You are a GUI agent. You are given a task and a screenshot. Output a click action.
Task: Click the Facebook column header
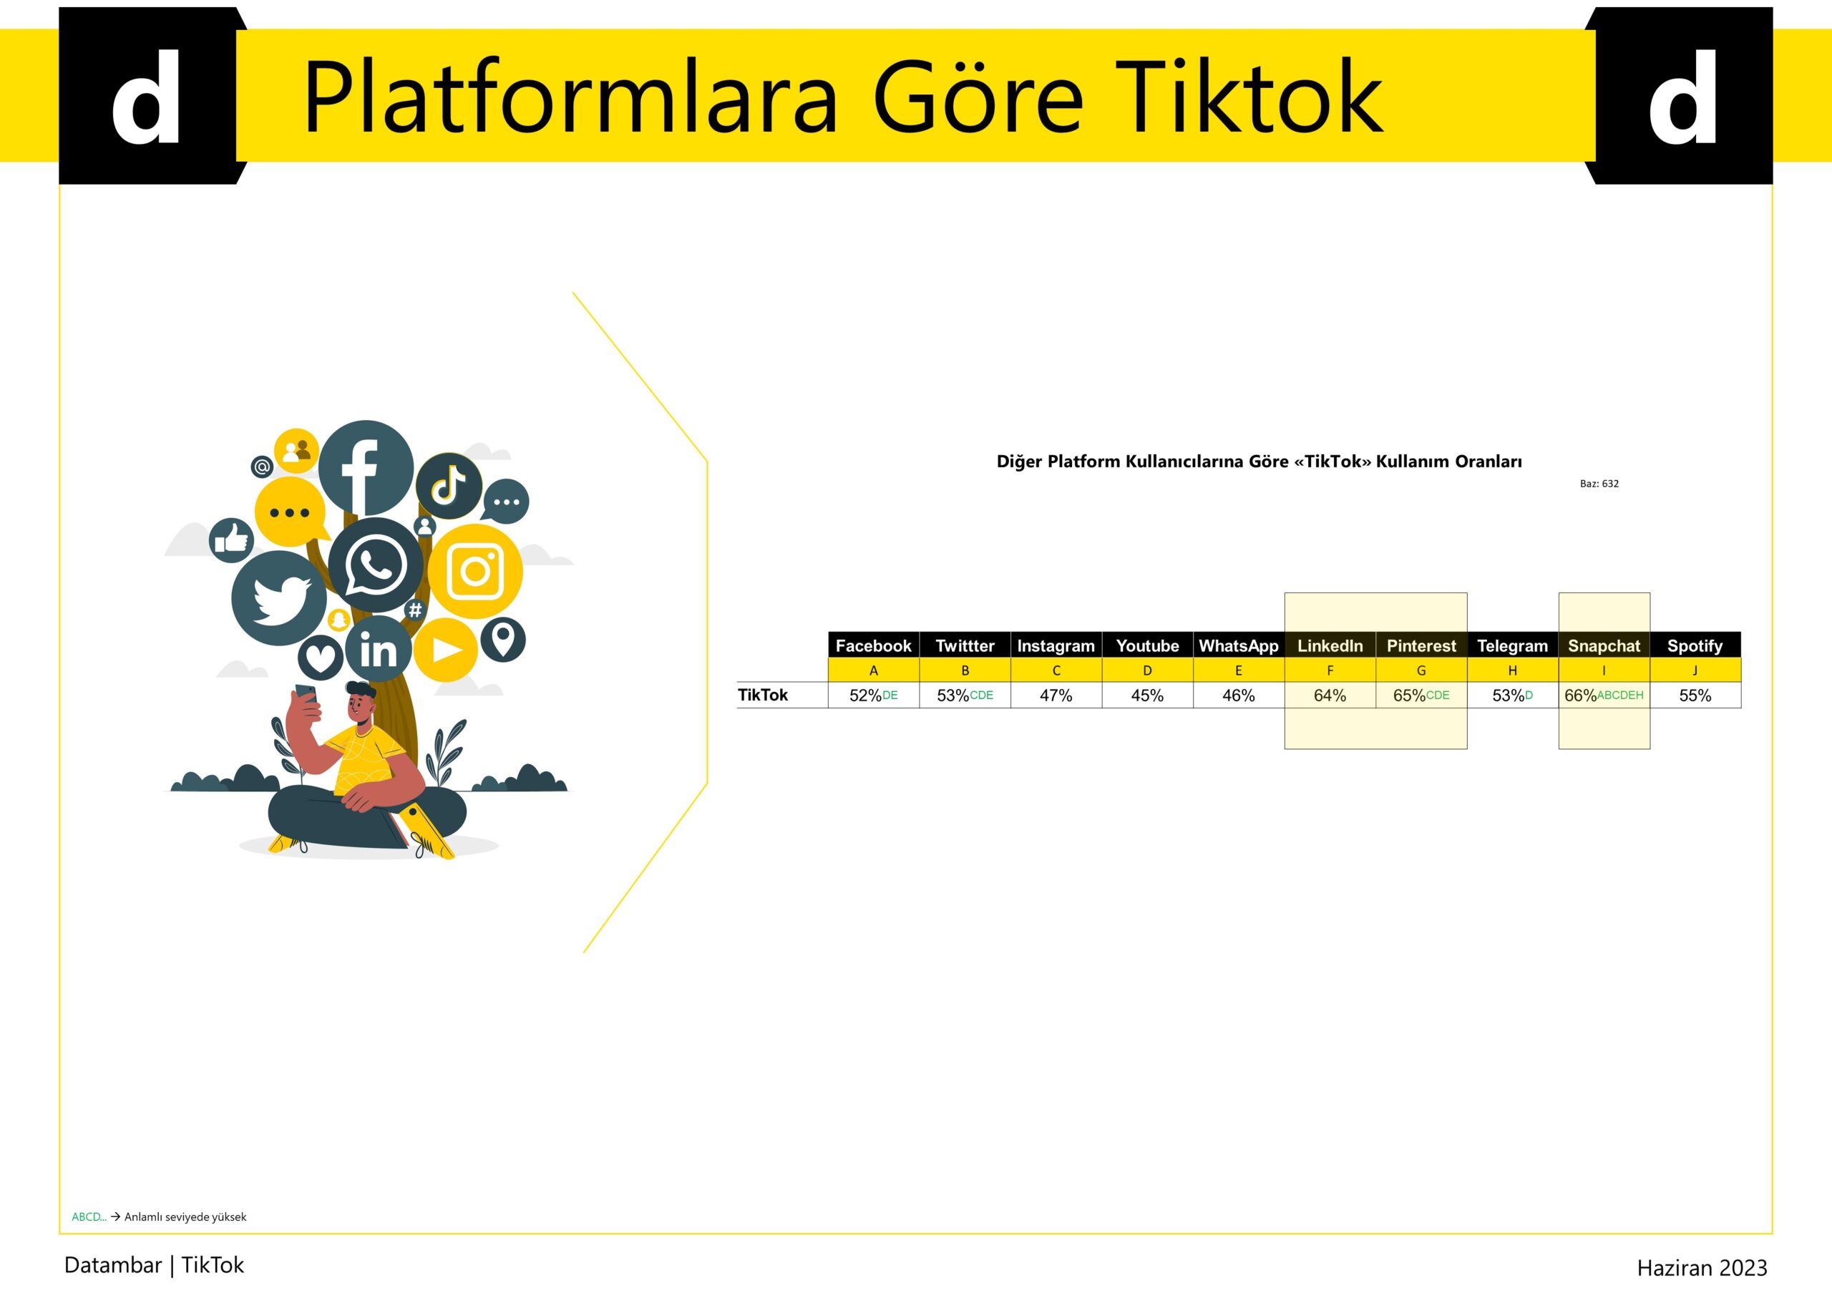(x=873, y=645)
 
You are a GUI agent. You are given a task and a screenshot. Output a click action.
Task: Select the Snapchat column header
(x=1604, y=645)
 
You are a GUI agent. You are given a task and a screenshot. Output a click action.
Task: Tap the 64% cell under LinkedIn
(x=1330, y=696)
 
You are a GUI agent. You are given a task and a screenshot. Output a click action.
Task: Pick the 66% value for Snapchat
(x=1581, y=696)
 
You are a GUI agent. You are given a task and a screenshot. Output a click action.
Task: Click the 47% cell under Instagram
(x=1056, y=696)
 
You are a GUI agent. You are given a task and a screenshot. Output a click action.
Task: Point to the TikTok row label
(x=762, y=695)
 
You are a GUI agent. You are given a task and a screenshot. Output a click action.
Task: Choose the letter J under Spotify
(x=1695, y=670)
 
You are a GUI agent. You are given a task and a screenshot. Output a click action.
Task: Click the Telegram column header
(x=1512, y=645)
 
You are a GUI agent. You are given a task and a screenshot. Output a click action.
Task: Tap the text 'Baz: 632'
(x=1599, y=484)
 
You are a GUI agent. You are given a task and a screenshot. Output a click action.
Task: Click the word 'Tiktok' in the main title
(x=1254, y=97)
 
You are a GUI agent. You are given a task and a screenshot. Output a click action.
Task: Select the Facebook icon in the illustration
(x=366, y=467)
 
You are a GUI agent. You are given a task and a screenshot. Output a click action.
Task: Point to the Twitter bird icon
(x=279, y=598)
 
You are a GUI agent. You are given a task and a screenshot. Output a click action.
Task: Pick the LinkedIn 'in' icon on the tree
(x=379, y=649)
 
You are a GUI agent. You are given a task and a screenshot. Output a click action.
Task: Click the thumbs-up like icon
(x=231, y=541)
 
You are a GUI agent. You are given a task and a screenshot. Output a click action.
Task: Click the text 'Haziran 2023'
(x=1702, y=1268)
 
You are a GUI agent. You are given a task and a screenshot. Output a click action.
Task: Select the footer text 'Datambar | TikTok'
(x=154, y=1265)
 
